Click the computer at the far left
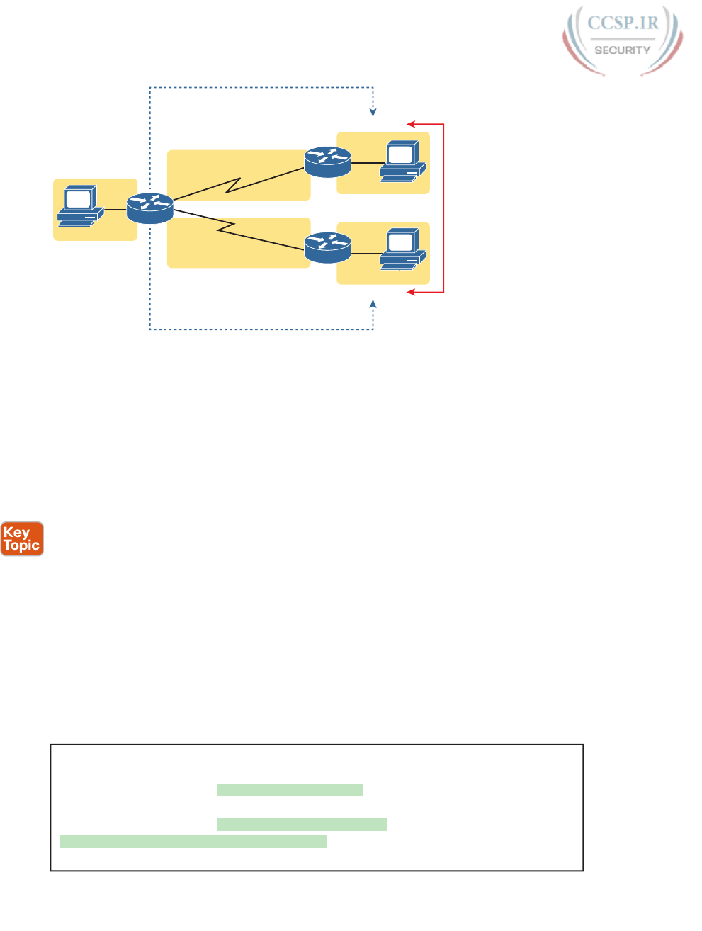[x=79, y=206]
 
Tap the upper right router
[x=327, y=162]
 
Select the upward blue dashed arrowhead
[x=373, y=305]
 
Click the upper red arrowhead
[x=411, y=124]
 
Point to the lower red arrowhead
[x=411, y=292]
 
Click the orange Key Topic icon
[x=22, y=539]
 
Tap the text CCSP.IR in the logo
[x=623, y=23]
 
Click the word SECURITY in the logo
[x=622, y=50]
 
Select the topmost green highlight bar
[x=290, y=790]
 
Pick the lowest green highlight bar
[x=193, y=841]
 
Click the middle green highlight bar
[x=302, y=825]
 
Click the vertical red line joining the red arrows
[x=443, y=208]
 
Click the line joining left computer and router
[x=115, y=209]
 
